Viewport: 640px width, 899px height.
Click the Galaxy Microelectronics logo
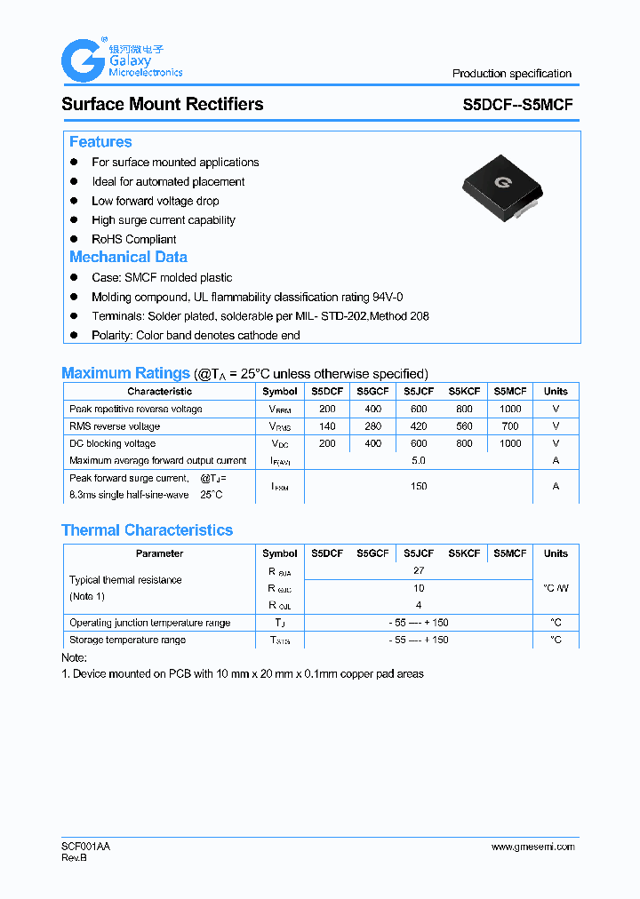coord(121,60)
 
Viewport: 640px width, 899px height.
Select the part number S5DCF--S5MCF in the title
coord(517,104)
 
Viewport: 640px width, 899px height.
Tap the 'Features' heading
coord(100,142)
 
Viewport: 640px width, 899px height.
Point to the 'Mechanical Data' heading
coord(128,257)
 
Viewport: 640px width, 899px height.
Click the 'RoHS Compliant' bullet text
coord(133,239)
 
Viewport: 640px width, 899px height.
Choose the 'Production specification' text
coord(511,74)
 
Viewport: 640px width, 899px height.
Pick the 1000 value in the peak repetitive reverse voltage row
coord(510,410)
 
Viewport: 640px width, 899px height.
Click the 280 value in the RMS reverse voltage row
coord(373,426)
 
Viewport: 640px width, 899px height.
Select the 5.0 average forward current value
coord(419,460)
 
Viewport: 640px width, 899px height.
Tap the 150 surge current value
coord(419,486)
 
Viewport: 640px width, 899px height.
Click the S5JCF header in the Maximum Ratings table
coord(419,392)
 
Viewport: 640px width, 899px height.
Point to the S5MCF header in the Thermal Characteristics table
coord(510,553)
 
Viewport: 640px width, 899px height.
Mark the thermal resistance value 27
coord(419,571)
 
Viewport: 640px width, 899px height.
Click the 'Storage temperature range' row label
coord(127,640)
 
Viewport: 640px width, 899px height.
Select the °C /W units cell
coord(556,588)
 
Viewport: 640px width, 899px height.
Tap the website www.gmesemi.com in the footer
coord(532,847)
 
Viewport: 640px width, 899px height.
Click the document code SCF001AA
coord(85,847)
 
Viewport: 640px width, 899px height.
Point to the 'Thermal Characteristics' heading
coord(147,530)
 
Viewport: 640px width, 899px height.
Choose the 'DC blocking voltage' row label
coord(112,443)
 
